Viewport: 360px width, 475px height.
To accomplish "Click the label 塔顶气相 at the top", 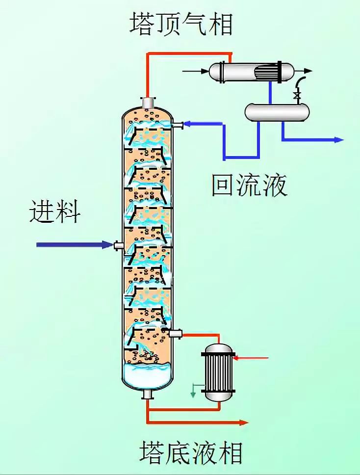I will click(x=180, y=23).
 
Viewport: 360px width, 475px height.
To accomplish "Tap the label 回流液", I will click(x=249, y=185).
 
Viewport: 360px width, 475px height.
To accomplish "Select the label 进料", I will click(x=55, y=211).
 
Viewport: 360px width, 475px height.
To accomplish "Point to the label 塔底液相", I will click(x=191, y=452).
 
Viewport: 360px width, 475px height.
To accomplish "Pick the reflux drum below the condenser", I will click(x=277, y=111).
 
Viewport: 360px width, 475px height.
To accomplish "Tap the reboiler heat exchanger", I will click(x=218, y=371).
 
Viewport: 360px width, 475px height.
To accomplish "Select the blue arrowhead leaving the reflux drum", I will click(x=338, y=140).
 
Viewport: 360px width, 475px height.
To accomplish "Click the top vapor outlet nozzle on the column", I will click(x=147, y=103).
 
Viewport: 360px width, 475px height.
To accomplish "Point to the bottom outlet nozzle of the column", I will click(x=147, y=394).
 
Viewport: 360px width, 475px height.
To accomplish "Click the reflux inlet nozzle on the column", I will click(x=178, y=125).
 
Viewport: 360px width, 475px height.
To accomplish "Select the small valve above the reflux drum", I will click(x=296, y=96).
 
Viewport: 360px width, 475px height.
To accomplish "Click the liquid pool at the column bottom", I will click(x=147, y=375).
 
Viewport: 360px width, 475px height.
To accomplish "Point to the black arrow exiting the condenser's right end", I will click(x=308, y=71).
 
